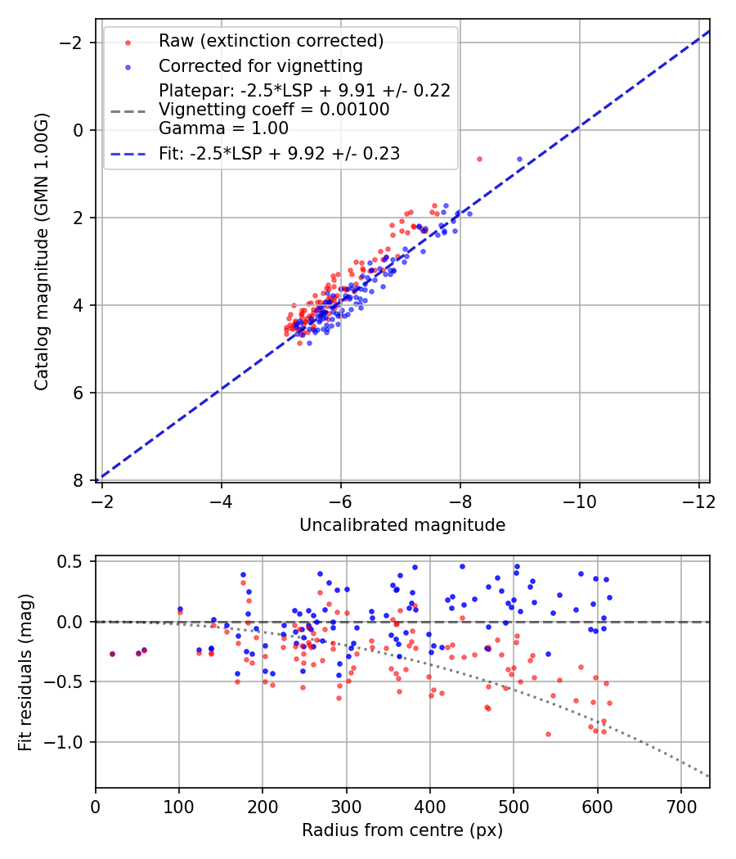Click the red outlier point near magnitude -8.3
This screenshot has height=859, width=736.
pyautogui.click(x=479, y=159)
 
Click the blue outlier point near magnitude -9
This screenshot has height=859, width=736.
pyautogui.click(x=519, y=159)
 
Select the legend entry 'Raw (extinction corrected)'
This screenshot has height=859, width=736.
pyautogui.click(x=271, y=41)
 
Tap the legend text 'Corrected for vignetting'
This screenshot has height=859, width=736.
pyautogui.click(x=260, y=65)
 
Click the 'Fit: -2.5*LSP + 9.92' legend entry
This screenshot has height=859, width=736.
pyautogui.click(x=279, y=153)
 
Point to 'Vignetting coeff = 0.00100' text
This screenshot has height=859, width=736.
pyautogui.click(x=274, y=110)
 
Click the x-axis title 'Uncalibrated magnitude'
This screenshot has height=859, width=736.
pyautogui.click(x=402, y=525)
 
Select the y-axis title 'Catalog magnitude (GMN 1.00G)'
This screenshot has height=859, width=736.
pyautogui.click(x=42, y=251)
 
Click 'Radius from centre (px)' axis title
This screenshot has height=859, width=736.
pyautogui.click(x=402, y=830)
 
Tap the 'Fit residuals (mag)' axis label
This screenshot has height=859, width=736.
pyautogui.click(x=25, y=672)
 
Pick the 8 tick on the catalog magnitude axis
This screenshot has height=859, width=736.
pyautogui.click(x=79, y=480)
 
